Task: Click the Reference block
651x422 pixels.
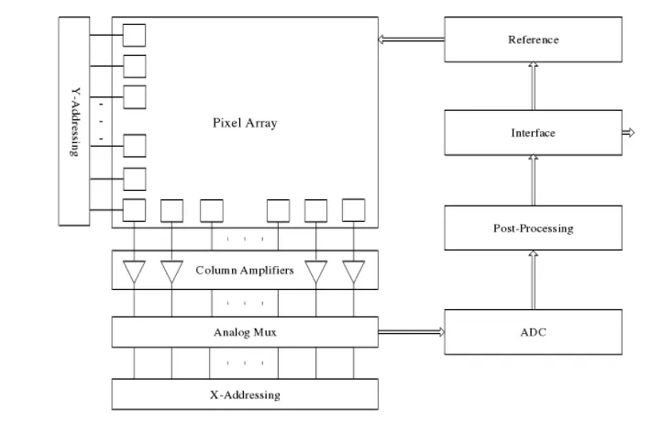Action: click(533, 39)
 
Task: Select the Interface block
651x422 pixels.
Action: click(533, 133)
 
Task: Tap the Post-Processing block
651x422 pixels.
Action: click(533, 228)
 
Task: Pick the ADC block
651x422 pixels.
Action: click(533, 331)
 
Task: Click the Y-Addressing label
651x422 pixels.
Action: click(75, 121)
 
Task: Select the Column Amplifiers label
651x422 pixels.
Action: click(244, 271)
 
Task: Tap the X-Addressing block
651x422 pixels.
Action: click(244, 394)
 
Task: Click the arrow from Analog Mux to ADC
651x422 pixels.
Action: click(411, 332)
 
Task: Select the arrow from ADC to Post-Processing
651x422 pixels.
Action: click(533, 279)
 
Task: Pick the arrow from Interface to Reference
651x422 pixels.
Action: click(533, 86)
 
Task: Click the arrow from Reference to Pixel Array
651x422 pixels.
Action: click(411, 39)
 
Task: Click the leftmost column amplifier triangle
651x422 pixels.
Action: click(134, 272)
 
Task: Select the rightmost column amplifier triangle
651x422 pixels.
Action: click(354, 272)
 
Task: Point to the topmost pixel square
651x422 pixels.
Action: click(134, 35)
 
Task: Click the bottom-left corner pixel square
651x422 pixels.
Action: click(134, 211)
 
